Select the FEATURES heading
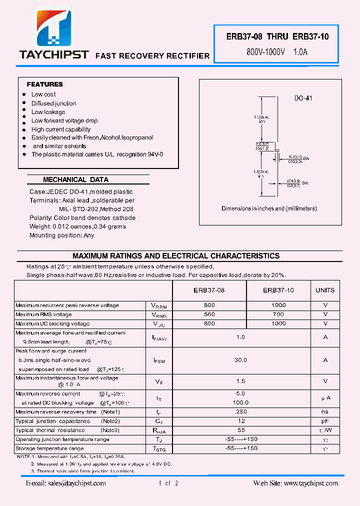tap(44, 84)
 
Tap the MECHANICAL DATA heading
tap(75, 179)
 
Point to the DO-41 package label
tap(303, 98)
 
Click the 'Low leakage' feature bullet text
tap(48, 112)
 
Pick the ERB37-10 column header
tap(278, 290)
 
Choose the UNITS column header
tap(325, 290)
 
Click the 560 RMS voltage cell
tap(209, 314)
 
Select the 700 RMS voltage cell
tap(278, 314)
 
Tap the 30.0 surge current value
tap(241, 360)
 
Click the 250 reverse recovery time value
tap(241, 412)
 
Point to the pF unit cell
tap(325, 421)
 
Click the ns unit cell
tap(325, 412)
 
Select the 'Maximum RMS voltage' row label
tap(43, 314)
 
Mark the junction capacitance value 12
tap(241, 421)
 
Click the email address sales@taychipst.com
tap(66, 483)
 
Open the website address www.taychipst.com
tap(295, 483)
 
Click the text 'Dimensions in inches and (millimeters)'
tap(269, 208)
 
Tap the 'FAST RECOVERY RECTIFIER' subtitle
tap(152, 56)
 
